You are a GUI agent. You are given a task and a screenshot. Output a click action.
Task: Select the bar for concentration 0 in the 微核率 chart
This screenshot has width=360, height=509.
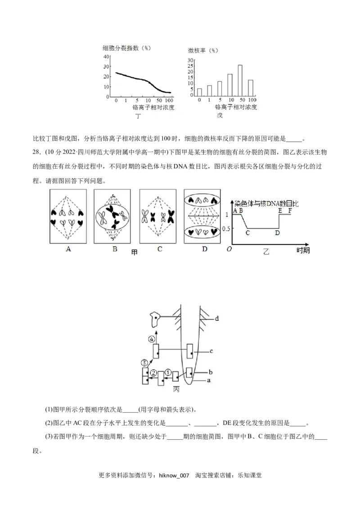coord(199,92)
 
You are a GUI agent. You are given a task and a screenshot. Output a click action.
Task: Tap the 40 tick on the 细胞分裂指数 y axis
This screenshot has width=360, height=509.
coord(106,57)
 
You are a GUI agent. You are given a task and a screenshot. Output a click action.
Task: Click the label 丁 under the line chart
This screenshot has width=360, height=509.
coord(138,116)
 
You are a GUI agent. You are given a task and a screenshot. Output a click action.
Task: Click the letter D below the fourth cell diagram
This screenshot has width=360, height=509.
coord(204,249)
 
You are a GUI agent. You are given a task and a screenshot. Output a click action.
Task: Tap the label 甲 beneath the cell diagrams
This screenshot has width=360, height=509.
coord(134,253)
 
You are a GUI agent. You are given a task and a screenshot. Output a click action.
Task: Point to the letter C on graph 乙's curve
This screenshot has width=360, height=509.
coord(247,233)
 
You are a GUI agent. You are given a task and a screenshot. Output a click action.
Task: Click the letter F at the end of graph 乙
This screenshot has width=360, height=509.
coord(290,210)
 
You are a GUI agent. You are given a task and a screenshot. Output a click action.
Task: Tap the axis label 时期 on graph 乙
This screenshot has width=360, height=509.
coord(303,250)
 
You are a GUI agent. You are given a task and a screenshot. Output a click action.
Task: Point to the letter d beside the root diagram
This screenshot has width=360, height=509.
coord(216,318)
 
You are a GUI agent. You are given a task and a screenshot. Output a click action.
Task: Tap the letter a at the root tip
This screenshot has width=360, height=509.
coord(208,380)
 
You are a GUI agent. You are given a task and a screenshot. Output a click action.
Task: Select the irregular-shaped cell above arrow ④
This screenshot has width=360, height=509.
coord(157,320)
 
